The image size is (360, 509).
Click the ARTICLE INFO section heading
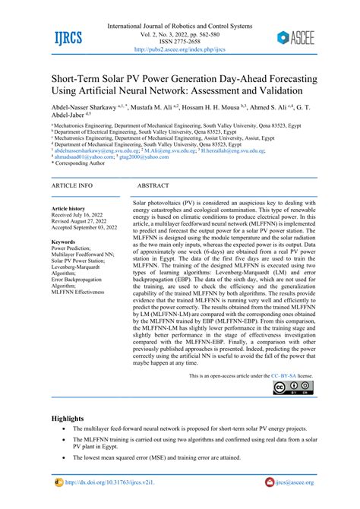[x=71, y=185]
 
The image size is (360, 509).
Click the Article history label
[x=68, y=208]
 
